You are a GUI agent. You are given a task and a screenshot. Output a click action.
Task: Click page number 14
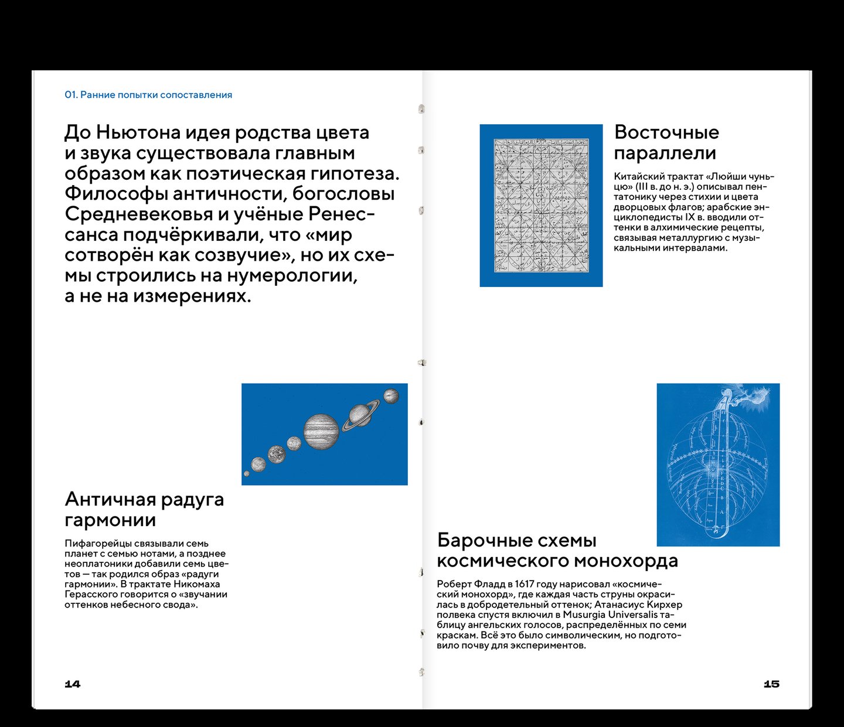pos(72,684)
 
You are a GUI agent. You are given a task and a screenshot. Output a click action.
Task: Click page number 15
pos(771,684)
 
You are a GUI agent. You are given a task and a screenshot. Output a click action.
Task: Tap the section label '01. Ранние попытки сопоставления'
pos(148,95)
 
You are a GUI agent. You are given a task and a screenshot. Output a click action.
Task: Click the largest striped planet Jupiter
pos(321,432)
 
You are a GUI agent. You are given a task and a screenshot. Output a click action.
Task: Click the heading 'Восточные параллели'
pos(666,142)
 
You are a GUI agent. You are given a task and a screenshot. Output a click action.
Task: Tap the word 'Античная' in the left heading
pos(110,499)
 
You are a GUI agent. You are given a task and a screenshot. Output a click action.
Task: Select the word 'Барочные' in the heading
pos(484,540)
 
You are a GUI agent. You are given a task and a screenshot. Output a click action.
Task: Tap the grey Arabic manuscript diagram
pos(540,206)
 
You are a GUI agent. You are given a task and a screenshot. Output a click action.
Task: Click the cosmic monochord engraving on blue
pos(718,465)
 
